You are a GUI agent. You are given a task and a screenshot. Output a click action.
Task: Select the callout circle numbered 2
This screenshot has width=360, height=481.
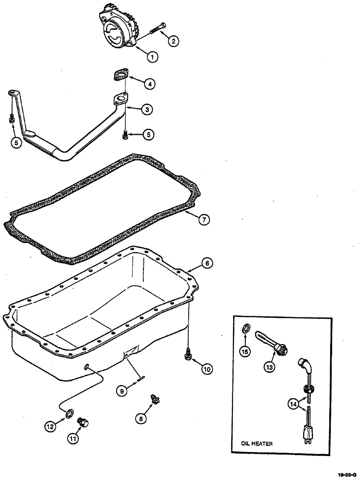(173, 41)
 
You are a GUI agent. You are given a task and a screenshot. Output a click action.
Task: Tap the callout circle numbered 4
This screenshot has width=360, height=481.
(151, 84)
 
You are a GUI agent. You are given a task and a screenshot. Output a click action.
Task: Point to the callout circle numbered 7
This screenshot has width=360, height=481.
(204, 220)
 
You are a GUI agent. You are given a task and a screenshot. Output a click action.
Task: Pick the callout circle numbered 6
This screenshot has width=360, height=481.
(206, 263)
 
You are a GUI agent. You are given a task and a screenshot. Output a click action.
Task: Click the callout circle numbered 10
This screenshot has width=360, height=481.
(206, 369)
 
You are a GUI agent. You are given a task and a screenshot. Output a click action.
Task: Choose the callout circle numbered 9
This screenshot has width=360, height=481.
(123, 392)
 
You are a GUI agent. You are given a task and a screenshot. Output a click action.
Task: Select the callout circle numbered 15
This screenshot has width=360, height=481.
(245, 351)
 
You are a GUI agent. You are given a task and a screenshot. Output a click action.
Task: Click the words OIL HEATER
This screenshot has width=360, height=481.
(257, 444)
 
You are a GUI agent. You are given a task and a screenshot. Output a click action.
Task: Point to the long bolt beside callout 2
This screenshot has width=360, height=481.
(157, 28)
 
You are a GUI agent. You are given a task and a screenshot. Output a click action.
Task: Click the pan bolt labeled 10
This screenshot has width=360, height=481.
(188, 355)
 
